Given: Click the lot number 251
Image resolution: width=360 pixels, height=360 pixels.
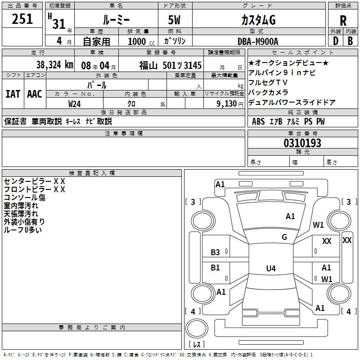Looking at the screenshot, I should [x=22, y=19].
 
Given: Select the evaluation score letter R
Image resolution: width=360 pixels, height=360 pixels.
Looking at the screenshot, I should [x=343, y=21].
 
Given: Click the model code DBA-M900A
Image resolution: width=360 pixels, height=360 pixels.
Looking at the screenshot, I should [x=258, y=41].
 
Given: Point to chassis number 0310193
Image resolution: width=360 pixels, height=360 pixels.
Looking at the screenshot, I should [x=302, y=144].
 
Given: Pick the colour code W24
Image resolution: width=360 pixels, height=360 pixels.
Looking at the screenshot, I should [x=75, y=103].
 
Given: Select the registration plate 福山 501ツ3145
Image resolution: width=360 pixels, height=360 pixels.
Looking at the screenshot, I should [x=170, y=65].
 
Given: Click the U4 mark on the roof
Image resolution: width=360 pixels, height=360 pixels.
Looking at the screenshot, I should [x=270, y=269].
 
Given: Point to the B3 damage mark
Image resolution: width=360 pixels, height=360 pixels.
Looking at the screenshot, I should [x=216, y=252].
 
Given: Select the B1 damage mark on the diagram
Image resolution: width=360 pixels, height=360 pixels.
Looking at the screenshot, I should [x=216, y=268].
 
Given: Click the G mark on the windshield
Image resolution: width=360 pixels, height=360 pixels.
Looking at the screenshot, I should [x=284, y=237].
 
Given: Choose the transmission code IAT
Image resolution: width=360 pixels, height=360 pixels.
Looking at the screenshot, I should [x=13, y=94].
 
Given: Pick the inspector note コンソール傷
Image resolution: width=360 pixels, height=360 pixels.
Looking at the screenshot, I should [x=24, y=197].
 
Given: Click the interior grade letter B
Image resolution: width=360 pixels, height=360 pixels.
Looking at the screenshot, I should [x=350, y=41].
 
